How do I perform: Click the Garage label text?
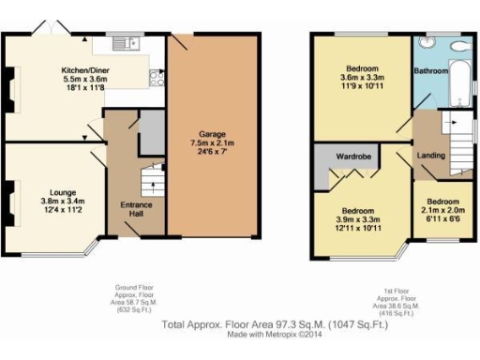[210, 134]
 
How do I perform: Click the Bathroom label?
[431, 70]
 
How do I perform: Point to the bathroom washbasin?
[426, 43]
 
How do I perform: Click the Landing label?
[430, 156]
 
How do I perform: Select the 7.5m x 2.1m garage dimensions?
[210, 145]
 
